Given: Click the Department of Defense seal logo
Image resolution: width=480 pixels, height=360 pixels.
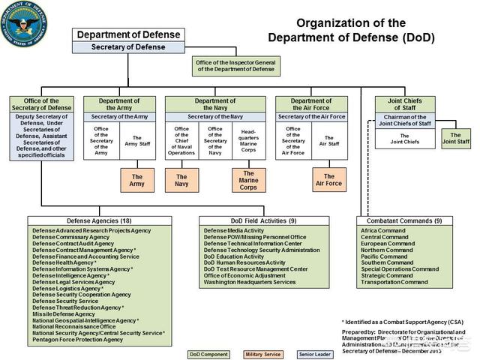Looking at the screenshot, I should click(23, 23).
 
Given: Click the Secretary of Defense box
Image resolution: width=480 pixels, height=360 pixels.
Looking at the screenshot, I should click(129, 47).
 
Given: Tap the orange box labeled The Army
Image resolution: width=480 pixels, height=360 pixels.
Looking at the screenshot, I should click(137, 180).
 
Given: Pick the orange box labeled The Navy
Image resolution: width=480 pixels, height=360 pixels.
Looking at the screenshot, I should click(181, 180).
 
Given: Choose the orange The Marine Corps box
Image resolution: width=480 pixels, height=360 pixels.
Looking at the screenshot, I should click(248, 180).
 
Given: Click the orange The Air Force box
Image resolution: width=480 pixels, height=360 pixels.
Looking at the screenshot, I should click(328, 179).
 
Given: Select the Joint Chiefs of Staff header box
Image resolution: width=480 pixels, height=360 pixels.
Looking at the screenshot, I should click(405, 104).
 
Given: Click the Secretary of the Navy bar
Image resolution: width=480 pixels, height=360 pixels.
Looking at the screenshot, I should click(215, 116).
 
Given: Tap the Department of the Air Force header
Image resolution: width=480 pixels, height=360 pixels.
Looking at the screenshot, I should click(310, 104).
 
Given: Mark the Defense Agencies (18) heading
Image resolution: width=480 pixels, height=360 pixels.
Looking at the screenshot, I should click(99, 221).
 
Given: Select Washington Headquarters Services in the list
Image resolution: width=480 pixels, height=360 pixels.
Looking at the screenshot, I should click(250, 282).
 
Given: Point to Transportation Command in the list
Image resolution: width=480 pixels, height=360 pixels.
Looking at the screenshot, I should click(394, 282).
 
